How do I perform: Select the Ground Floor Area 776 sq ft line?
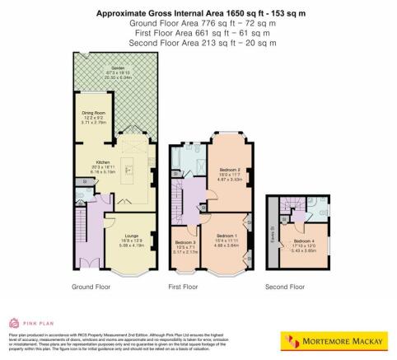point(198,23)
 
